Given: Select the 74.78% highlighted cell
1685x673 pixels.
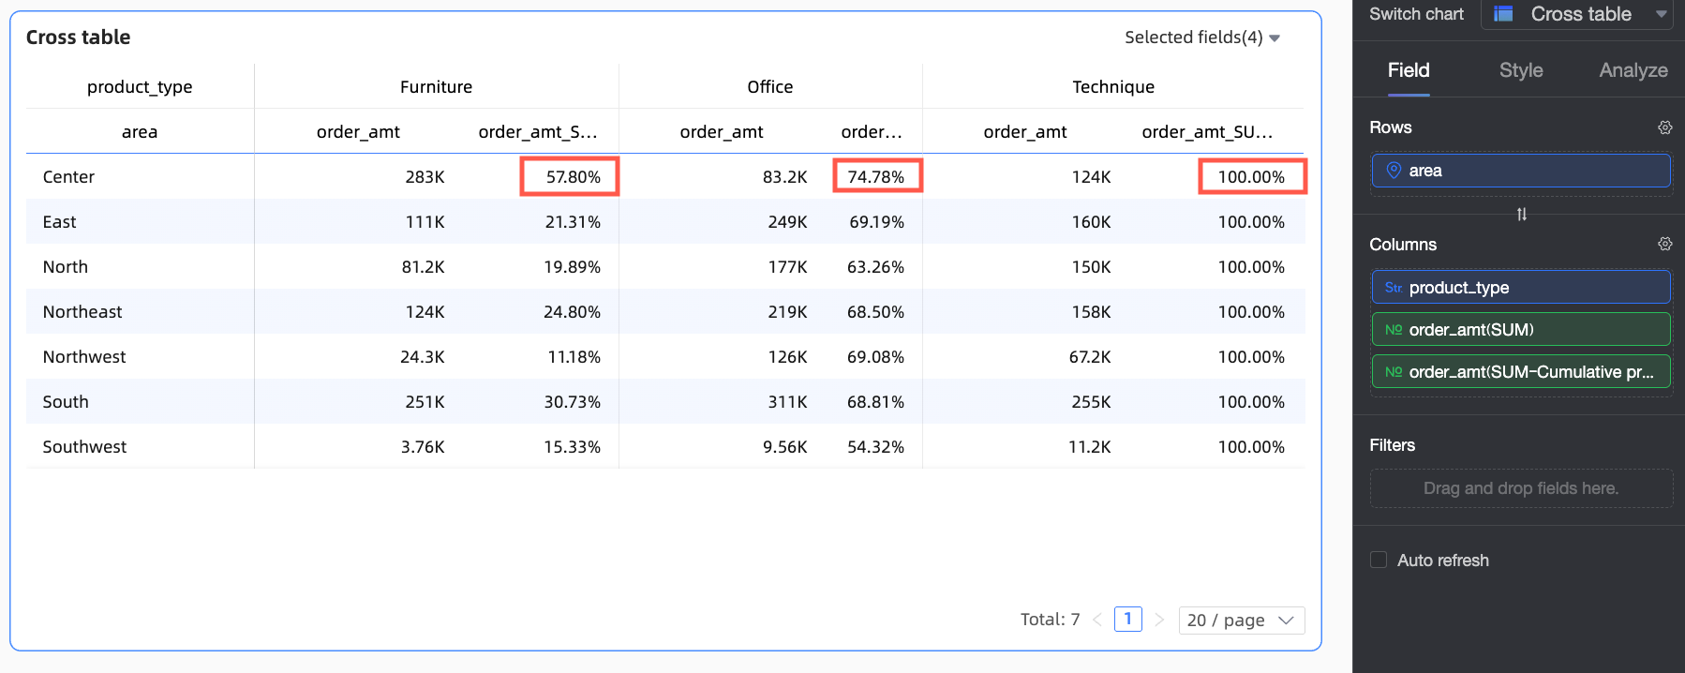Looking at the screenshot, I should [x=876, y=176].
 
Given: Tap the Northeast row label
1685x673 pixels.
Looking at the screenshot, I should [x=82, y=312].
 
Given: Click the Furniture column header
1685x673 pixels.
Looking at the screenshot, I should [x=436, y=87].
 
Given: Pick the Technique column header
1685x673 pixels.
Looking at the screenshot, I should [x=1113, y=87].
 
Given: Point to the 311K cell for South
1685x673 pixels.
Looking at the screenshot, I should [x=787, y=402].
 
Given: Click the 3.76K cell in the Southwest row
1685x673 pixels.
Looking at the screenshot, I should [x=423, y=447].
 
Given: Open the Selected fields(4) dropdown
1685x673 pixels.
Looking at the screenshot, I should [x=1201, y=37].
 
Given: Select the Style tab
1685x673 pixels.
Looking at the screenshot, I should [x=1520, y=70].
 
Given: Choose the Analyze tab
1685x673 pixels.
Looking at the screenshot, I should [x=1633, y=70].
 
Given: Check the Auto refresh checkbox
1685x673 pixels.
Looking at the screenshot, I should [x=1379, y=560].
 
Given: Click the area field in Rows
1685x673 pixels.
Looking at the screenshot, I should [x=1520, y=171].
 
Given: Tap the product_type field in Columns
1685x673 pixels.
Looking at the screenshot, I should [x=1520, y=288].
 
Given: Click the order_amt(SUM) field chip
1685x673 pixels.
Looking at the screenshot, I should [x=1520, y=330].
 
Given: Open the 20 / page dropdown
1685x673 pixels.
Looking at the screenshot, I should [x=1241, y=620].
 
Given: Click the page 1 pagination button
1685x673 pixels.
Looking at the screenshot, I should [x=1127, y=619].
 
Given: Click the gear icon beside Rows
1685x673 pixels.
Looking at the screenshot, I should [x=1664, y=127].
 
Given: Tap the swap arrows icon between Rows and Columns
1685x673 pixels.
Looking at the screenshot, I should [x=1521, y=215].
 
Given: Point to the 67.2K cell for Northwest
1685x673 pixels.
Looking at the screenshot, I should [x=1089, y=357].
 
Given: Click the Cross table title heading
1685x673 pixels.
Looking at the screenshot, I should [x=78, y=37].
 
